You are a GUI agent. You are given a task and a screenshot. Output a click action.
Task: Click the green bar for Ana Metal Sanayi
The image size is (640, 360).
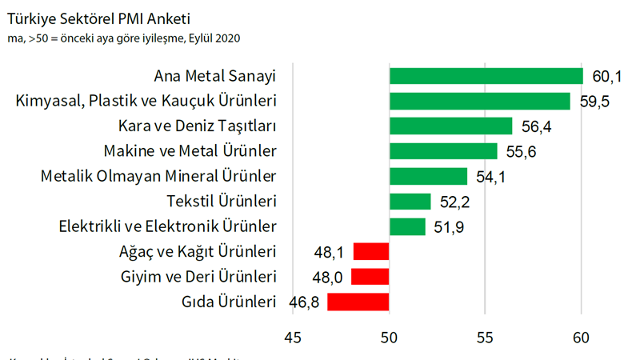click(x=486, y=76)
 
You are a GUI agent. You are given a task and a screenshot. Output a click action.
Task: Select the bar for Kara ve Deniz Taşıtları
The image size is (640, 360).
click(x=450, y=126)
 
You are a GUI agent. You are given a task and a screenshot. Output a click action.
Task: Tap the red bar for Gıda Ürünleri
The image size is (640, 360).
click(x=358, y=302)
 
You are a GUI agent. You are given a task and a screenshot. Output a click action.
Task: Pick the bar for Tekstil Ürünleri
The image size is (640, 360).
click(x=410, y=202)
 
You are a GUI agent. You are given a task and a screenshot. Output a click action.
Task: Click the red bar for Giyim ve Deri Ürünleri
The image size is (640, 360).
click(x=370, y=277)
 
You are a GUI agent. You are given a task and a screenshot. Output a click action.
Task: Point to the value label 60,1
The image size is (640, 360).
click(x=607, y=77)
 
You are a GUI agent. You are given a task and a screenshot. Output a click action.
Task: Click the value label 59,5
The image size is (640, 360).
click(x=594, y=102)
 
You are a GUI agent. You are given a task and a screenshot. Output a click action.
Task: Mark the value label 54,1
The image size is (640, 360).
click(x=490, y=177)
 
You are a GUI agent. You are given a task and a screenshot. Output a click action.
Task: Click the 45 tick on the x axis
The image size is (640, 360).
click(x=293, y=338)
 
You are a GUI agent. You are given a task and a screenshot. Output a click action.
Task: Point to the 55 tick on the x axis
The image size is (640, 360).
click(x=486, y=338)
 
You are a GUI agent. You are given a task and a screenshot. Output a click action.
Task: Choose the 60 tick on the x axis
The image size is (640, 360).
click(x=582, y=338)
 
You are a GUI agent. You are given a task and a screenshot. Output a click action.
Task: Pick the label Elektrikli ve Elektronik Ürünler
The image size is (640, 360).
click(x=168, y=226)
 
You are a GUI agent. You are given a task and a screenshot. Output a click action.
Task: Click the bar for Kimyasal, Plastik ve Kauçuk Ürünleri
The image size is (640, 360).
click(x=479, y=101)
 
